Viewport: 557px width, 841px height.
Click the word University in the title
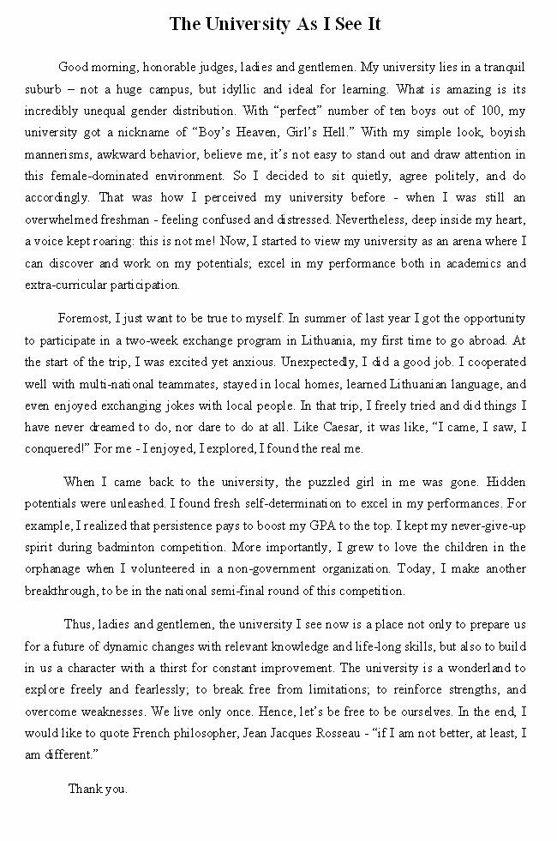coord(243,25)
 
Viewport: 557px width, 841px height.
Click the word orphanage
coord(57,568)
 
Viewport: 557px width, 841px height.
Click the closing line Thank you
coord(98,789)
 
